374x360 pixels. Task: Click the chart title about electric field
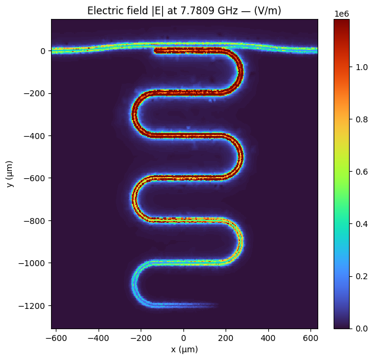click(184, 11)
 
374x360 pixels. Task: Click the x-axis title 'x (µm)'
click(184, 349)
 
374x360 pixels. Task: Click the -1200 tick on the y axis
click(33, 305)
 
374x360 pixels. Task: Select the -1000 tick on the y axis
click(33, 263)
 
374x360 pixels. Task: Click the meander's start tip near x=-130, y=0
click(156, 50)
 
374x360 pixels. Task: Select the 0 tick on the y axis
click(43, 51)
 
